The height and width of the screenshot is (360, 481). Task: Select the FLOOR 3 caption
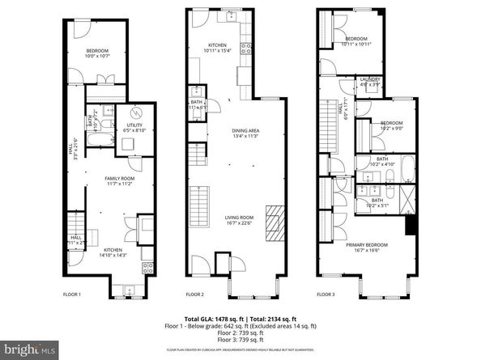(326, 294)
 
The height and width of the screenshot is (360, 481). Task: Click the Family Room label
(119, 180)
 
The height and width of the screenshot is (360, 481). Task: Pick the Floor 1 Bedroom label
(97, 53)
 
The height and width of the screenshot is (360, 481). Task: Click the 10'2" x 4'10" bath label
(382, 162)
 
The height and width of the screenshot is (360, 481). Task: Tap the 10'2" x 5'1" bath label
(377, 202)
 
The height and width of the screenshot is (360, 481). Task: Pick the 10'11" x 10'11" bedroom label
(357, 41)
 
